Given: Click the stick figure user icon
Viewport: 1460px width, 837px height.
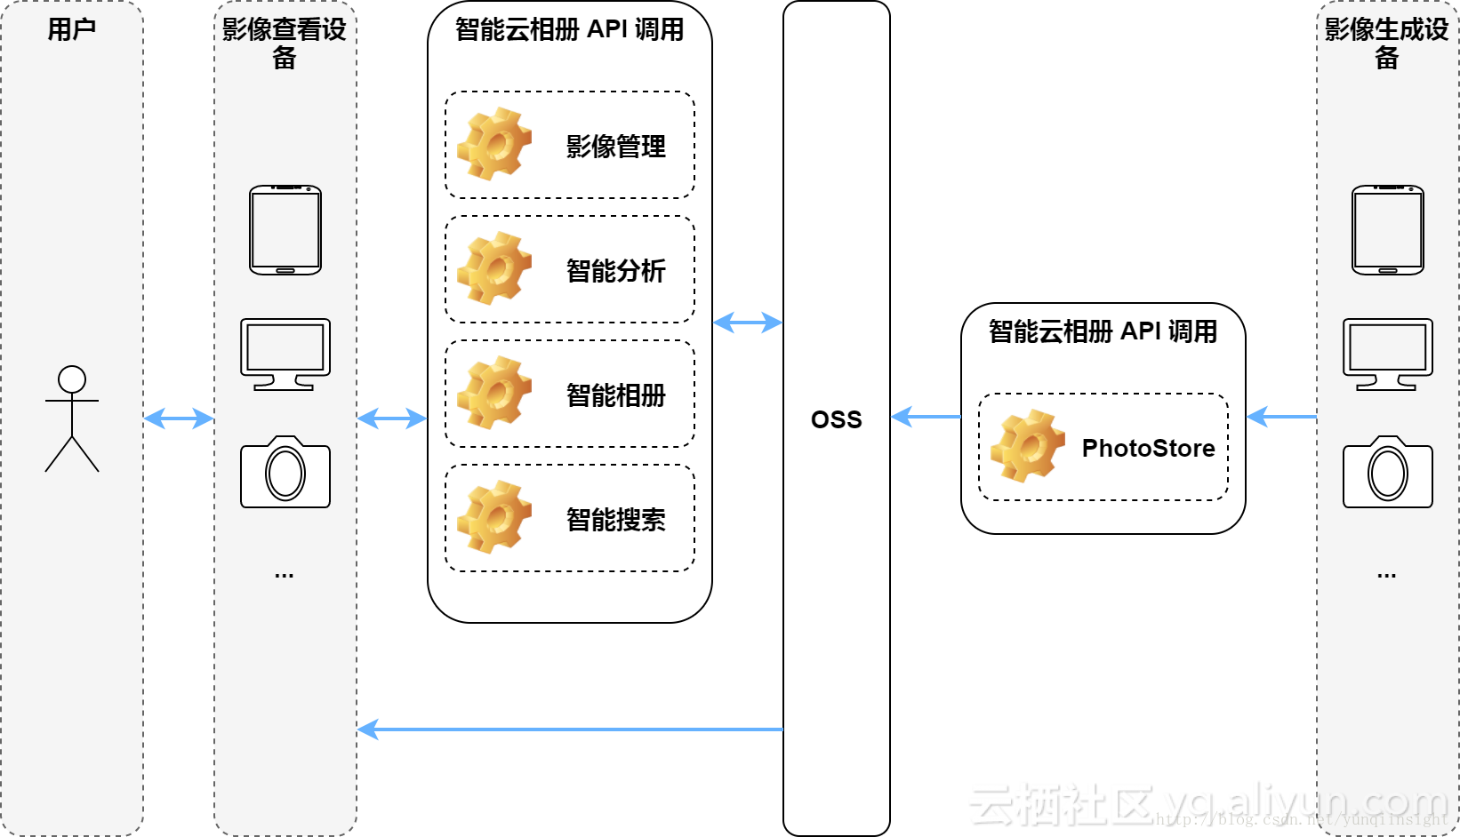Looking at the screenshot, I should (72, 418).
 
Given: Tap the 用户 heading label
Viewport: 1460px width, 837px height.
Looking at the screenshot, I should (72, 29).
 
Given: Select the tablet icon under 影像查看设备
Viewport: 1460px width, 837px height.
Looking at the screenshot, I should (285, 230).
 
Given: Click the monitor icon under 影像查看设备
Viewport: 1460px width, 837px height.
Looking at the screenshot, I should (285, 354).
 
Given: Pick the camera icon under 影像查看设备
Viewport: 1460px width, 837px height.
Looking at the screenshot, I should (285, 472).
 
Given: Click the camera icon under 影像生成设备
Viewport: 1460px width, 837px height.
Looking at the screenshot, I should (1387, 472).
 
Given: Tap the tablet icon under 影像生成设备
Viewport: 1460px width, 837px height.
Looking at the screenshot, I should (1387, 230).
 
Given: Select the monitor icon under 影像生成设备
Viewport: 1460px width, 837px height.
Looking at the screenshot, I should (1387, 354).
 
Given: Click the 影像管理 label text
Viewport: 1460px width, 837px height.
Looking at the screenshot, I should (615, 147).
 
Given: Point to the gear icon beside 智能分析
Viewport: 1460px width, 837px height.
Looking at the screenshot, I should (494, 268).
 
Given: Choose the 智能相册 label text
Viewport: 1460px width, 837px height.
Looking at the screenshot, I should (615, 395).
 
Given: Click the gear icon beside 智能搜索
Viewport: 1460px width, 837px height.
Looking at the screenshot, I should (494, 517).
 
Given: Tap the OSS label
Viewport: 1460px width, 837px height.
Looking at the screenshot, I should (836, 419).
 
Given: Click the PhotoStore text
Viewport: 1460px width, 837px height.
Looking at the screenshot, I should (1148, 448).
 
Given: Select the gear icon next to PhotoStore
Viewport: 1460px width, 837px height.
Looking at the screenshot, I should (1028, 446).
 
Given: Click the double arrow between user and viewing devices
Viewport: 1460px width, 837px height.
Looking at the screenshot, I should (179, 418).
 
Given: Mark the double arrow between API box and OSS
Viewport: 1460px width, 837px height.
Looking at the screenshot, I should (748, 323).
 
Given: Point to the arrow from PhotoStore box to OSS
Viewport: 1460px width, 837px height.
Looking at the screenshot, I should (926, 416).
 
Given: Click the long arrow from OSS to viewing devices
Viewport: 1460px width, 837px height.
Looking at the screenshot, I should (569, 729).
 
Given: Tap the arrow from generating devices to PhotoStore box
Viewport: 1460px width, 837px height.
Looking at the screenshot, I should (1281, 416).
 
